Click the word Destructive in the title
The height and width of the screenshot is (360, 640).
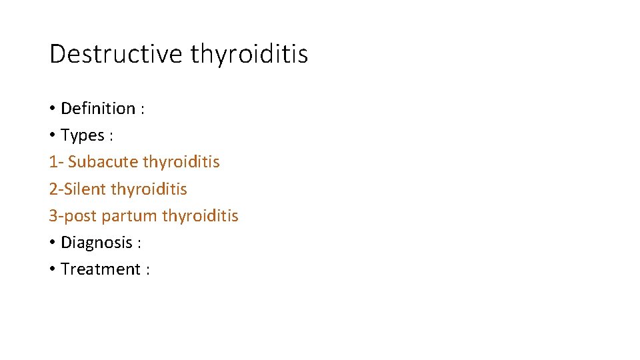click(115, 54)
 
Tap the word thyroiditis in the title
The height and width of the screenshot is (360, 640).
click(249, 54)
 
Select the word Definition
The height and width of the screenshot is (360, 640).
click(98, 109)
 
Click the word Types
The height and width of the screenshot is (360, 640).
click(83, 135)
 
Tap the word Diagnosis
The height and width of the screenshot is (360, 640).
click(97, 243)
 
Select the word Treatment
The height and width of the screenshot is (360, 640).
click(101, 269)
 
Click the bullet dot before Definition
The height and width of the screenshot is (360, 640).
click(52, 109)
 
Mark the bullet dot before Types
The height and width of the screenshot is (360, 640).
click(52, 135)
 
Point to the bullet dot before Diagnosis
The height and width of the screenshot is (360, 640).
click(52, 243)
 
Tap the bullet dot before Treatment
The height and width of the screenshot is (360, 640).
click(52, 269)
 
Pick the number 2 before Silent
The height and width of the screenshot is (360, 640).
click(53, 189)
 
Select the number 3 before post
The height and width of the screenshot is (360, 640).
click(53, 216)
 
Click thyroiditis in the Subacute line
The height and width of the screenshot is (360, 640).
click(181, 162)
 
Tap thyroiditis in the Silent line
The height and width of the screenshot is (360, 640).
click(149, 189)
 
